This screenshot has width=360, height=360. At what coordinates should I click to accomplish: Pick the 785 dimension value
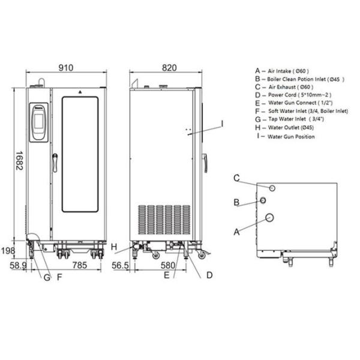click(73, 264)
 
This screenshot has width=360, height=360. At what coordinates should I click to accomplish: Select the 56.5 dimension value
click(120, 264)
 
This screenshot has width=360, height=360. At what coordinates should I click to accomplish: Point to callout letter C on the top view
click(237, 178)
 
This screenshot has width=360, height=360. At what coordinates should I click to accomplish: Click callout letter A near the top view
click(236, 230)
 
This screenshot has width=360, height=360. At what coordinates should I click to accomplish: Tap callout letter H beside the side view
click(113, 247)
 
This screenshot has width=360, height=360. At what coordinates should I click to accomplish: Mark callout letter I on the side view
click(221, 122)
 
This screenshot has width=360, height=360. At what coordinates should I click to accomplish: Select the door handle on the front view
click(55, 162)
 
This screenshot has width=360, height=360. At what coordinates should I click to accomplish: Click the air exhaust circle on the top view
click(272, 188)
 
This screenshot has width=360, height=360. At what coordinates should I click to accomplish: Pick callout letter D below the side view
click(209, 275)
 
